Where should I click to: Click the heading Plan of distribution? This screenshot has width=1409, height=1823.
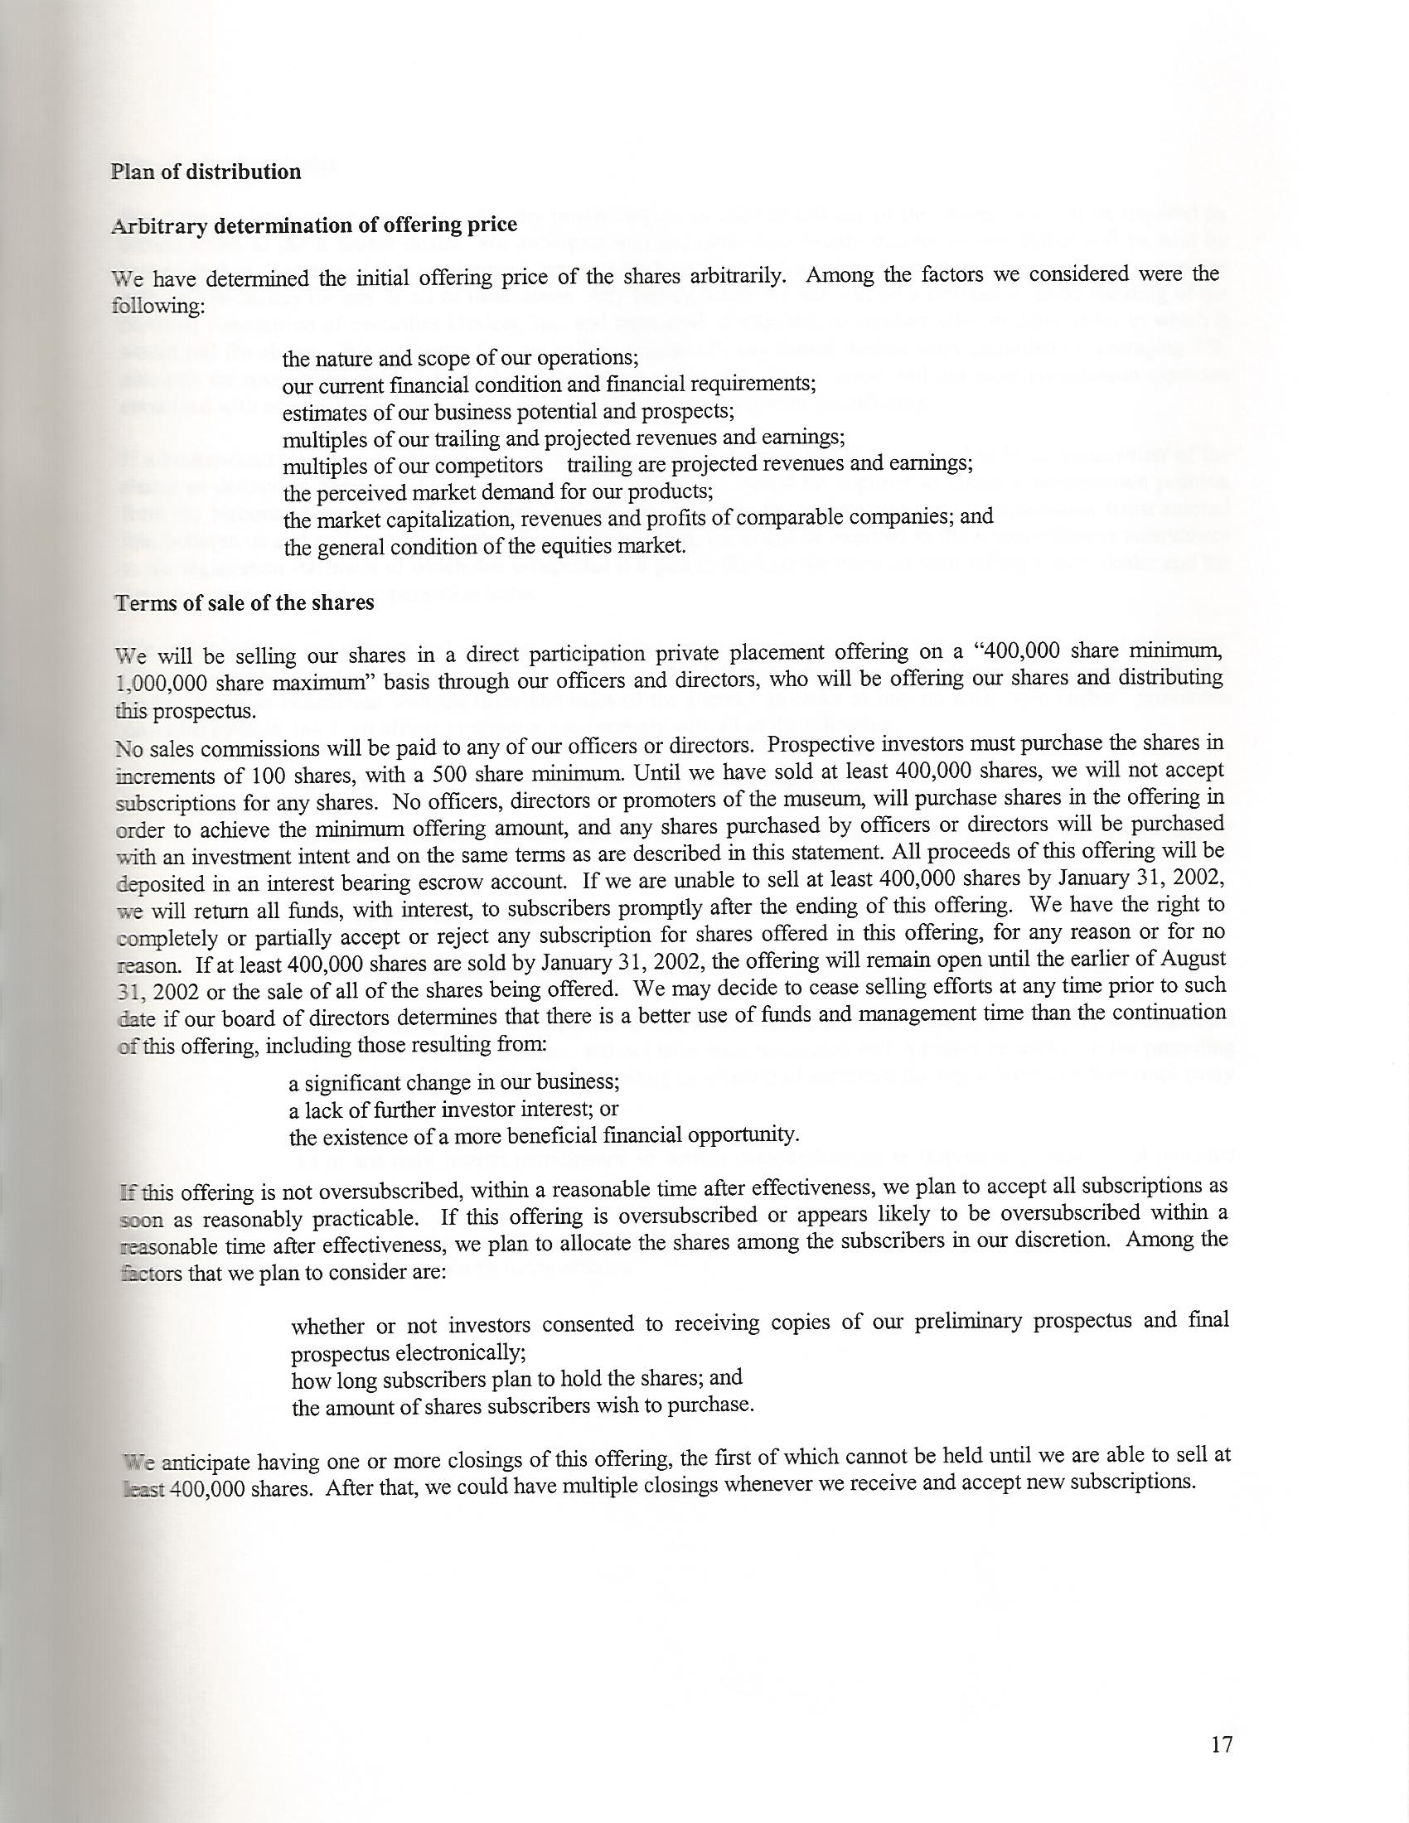(x=206, y=172)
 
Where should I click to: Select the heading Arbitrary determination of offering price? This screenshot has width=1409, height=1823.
(x=314, y=225)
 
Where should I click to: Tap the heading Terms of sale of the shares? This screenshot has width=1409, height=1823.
(x=244, y=602)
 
